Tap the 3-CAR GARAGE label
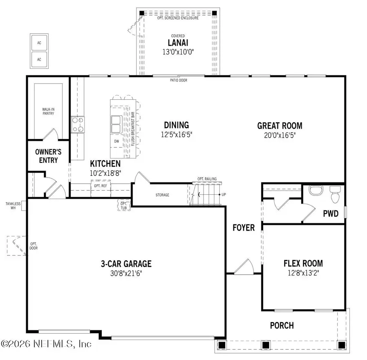tap(126, 264)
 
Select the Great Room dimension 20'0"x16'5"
tap(279, 135)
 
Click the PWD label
tap(331, 213)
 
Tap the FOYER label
tap(244, 227)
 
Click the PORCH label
tap(282, 325)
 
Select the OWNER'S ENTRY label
tap(49, 156)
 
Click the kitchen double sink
tap(116, 124)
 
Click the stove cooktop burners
tap(77, 125)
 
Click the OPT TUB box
tap(123, 205)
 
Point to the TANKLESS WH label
tap(13, 205)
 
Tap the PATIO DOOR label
tap(179, 80)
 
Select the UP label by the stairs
tap(223, 195)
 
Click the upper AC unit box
tap(40, 42)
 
